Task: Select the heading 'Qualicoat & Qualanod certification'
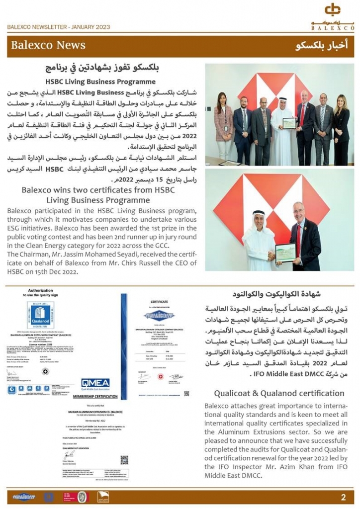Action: (279, 393)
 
